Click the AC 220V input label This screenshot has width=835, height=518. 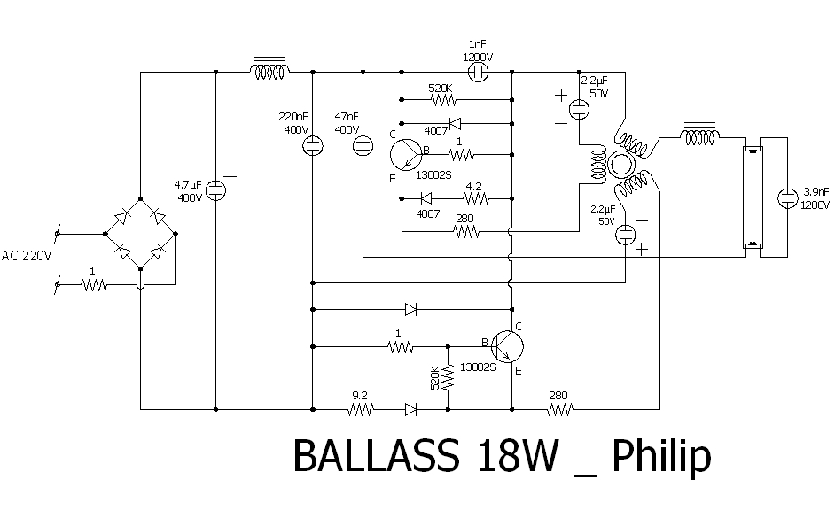pyautogui.click(x=26, y=256)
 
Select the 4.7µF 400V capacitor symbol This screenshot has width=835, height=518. pyautogui.click(x=215, y=189)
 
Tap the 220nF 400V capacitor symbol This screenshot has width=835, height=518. pyautogui.click(x=313, y=145)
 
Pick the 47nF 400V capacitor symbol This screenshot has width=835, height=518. pyautogui.click(x=363, y=145)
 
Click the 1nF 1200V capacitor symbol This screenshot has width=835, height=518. pyautogui.click(x=478, y=72)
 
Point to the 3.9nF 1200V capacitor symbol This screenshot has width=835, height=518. pyautogui.click(x=787, y=198)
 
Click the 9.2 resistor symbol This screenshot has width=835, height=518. pyautogui.click(x=361, y=409)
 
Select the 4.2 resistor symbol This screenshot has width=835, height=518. pyautogui.click(x=476, y=198)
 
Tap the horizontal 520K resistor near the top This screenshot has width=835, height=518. pyautogui.click(x=443, y=99)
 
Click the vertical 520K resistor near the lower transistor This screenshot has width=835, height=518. pyautogui.click(x=448, y=376)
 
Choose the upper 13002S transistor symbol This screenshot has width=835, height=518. pyautogui.click(x=406, y=155)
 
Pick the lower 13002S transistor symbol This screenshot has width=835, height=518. pyautogui.click(x=507, y=347)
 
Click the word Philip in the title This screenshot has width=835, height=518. pyautogui.click(x=661, y=457)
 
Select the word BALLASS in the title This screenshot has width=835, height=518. pyautogui.click(x=376, y=455)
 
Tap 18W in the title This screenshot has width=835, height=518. pyautogui.click(x=518, y=455)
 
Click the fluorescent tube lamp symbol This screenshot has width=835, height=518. pyautogui.click(x=753, y=197)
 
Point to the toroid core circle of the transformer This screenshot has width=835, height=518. pyautogui.click(x=620, y=165)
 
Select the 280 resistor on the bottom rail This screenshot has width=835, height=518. pyautogui.click(x=560, y=409)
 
